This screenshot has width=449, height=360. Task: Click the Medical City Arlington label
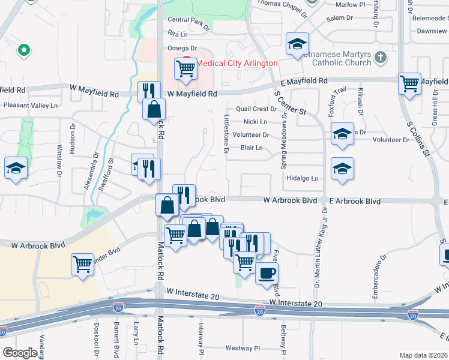click(x=238, y=63)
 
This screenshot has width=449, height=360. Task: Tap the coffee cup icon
click(x=267, y=273)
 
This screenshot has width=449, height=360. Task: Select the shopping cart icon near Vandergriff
click(x=82, y=263)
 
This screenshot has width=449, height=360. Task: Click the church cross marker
click(x=379, y=58)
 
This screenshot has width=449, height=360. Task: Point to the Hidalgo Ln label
click(x=302, y=178)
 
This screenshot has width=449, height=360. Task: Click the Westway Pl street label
click(x=243, y=348)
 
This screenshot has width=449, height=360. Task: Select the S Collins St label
click(x=420, y=137)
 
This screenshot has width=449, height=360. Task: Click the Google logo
click(x=20, y=353)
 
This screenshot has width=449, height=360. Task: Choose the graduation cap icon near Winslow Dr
click(x=16, y=167)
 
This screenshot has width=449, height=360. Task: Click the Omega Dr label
click(x=182, y=48)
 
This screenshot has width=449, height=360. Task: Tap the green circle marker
click(x=24, y=50)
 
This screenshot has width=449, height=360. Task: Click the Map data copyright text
click(x=423, y=355)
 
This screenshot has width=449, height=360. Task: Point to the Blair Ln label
click(x=252, y=148)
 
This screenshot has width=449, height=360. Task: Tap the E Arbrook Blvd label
click(x=354, y=202)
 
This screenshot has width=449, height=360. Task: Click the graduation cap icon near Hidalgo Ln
click(x=342, y=169)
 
